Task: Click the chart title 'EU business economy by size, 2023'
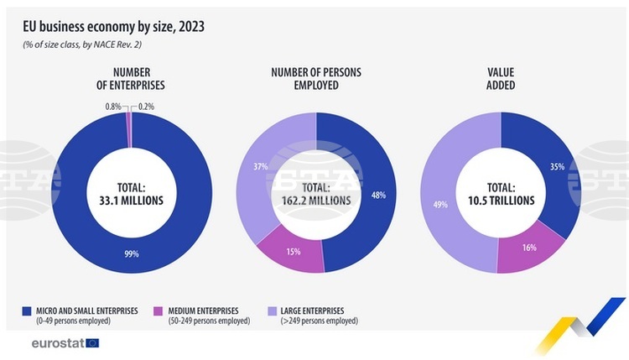(114, 26)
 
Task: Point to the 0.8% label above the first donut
(113, 107)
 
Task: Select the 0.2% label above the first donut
(147, 107)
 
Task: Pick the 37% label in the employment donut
(260, 167)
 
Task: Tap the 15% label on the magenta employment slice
(294, 251)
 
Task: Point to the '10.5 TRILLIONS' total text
(500, 201)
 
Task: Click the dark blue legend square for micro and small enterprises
(25, 311)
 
